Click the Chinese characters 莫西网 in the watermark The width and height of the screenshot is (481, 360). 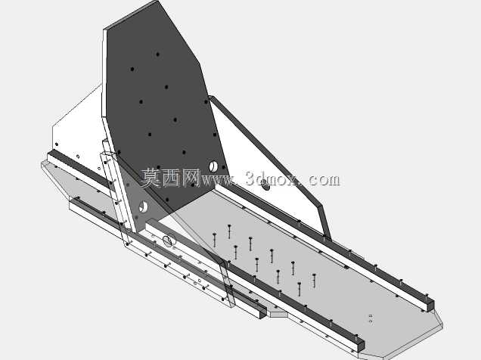tap(171, 178)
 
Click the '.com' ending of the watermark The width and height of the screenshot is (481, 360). tap(321, 180)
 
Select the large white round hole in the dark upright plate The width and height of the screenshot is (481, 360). tap(213, 166)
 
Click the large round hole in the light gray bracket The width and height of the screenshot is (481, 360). tap(143, 207)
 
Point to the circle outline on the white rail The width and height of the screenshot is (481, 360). tap(169, 241)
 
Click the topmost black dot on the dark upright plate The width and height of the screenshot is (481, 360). tap(157, 54)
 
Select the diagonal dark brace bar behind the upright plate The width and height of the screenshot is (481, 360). tap(270, 166)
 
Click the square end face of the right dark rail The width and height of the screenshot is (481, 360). tap(430, 306)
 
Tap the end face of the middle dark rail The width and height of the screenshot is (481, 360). tap(361, 346)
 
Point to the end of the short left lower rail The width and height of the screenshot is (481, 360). tap(263, 313)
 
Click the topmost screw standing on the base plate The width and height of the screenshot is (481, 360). tap(229, 231)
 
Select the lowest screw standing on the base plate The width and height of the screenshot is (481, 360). tap(299, 289)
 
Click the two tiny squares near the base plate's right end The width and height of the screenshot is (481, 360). tap(371, 318)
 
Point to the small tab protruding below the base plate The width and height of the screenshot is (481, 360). tap(278, 314)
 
